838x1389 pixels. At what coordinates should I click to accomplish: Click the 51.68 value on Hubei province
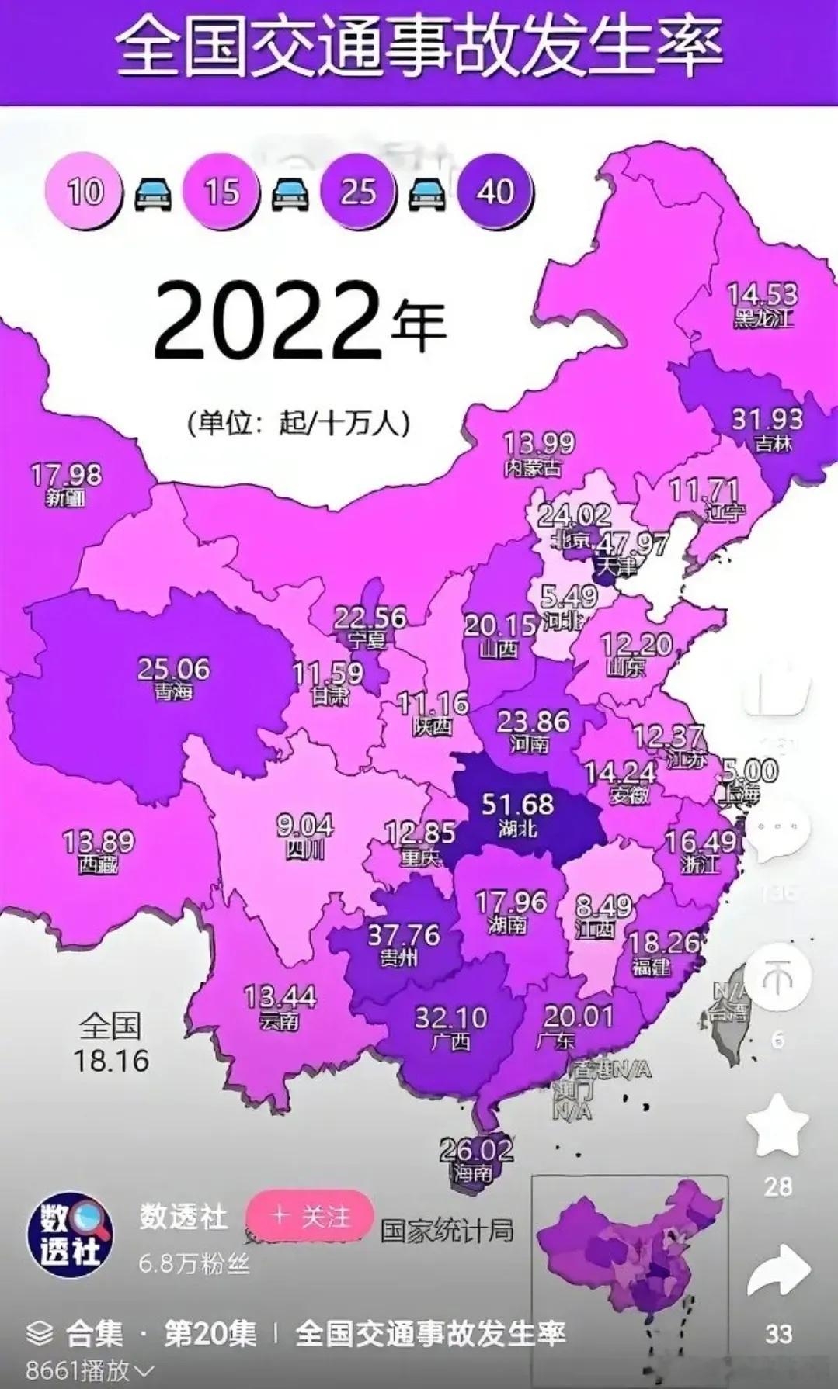click(517, 804)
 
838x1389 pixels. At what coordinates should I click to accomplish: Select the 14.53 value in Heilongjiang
click(762, 294)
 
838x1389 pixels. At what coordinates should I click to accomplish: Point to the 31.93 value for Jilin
click(767, 419)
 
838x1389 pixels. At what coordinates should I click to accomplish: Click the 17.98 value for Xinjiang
click(66, 474)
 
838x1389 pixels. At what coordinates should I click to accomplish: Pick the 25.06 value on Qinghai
click(173, 669)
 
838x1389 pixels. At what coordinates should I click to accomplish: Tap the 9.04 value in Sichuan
click(305, 825)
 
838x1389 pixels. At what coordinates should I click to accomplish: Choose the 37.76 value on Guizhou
click(404, 935)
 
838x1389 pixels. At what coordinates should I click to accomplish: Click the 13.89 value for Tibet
click(98, 841)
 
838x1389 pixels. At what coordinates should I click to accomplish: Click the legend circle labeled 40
click(495, 191)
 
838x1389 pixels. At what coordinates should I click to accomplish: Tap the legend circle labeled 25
click(358, 191)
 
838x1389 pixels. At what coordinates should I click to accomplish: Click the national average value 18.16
click(111, 1061)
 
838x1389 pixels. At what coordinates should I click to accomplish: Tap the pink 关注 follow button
click(310, 1216)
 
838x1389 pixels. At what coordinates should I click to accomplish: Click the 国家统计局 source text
click(447, 1231)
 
